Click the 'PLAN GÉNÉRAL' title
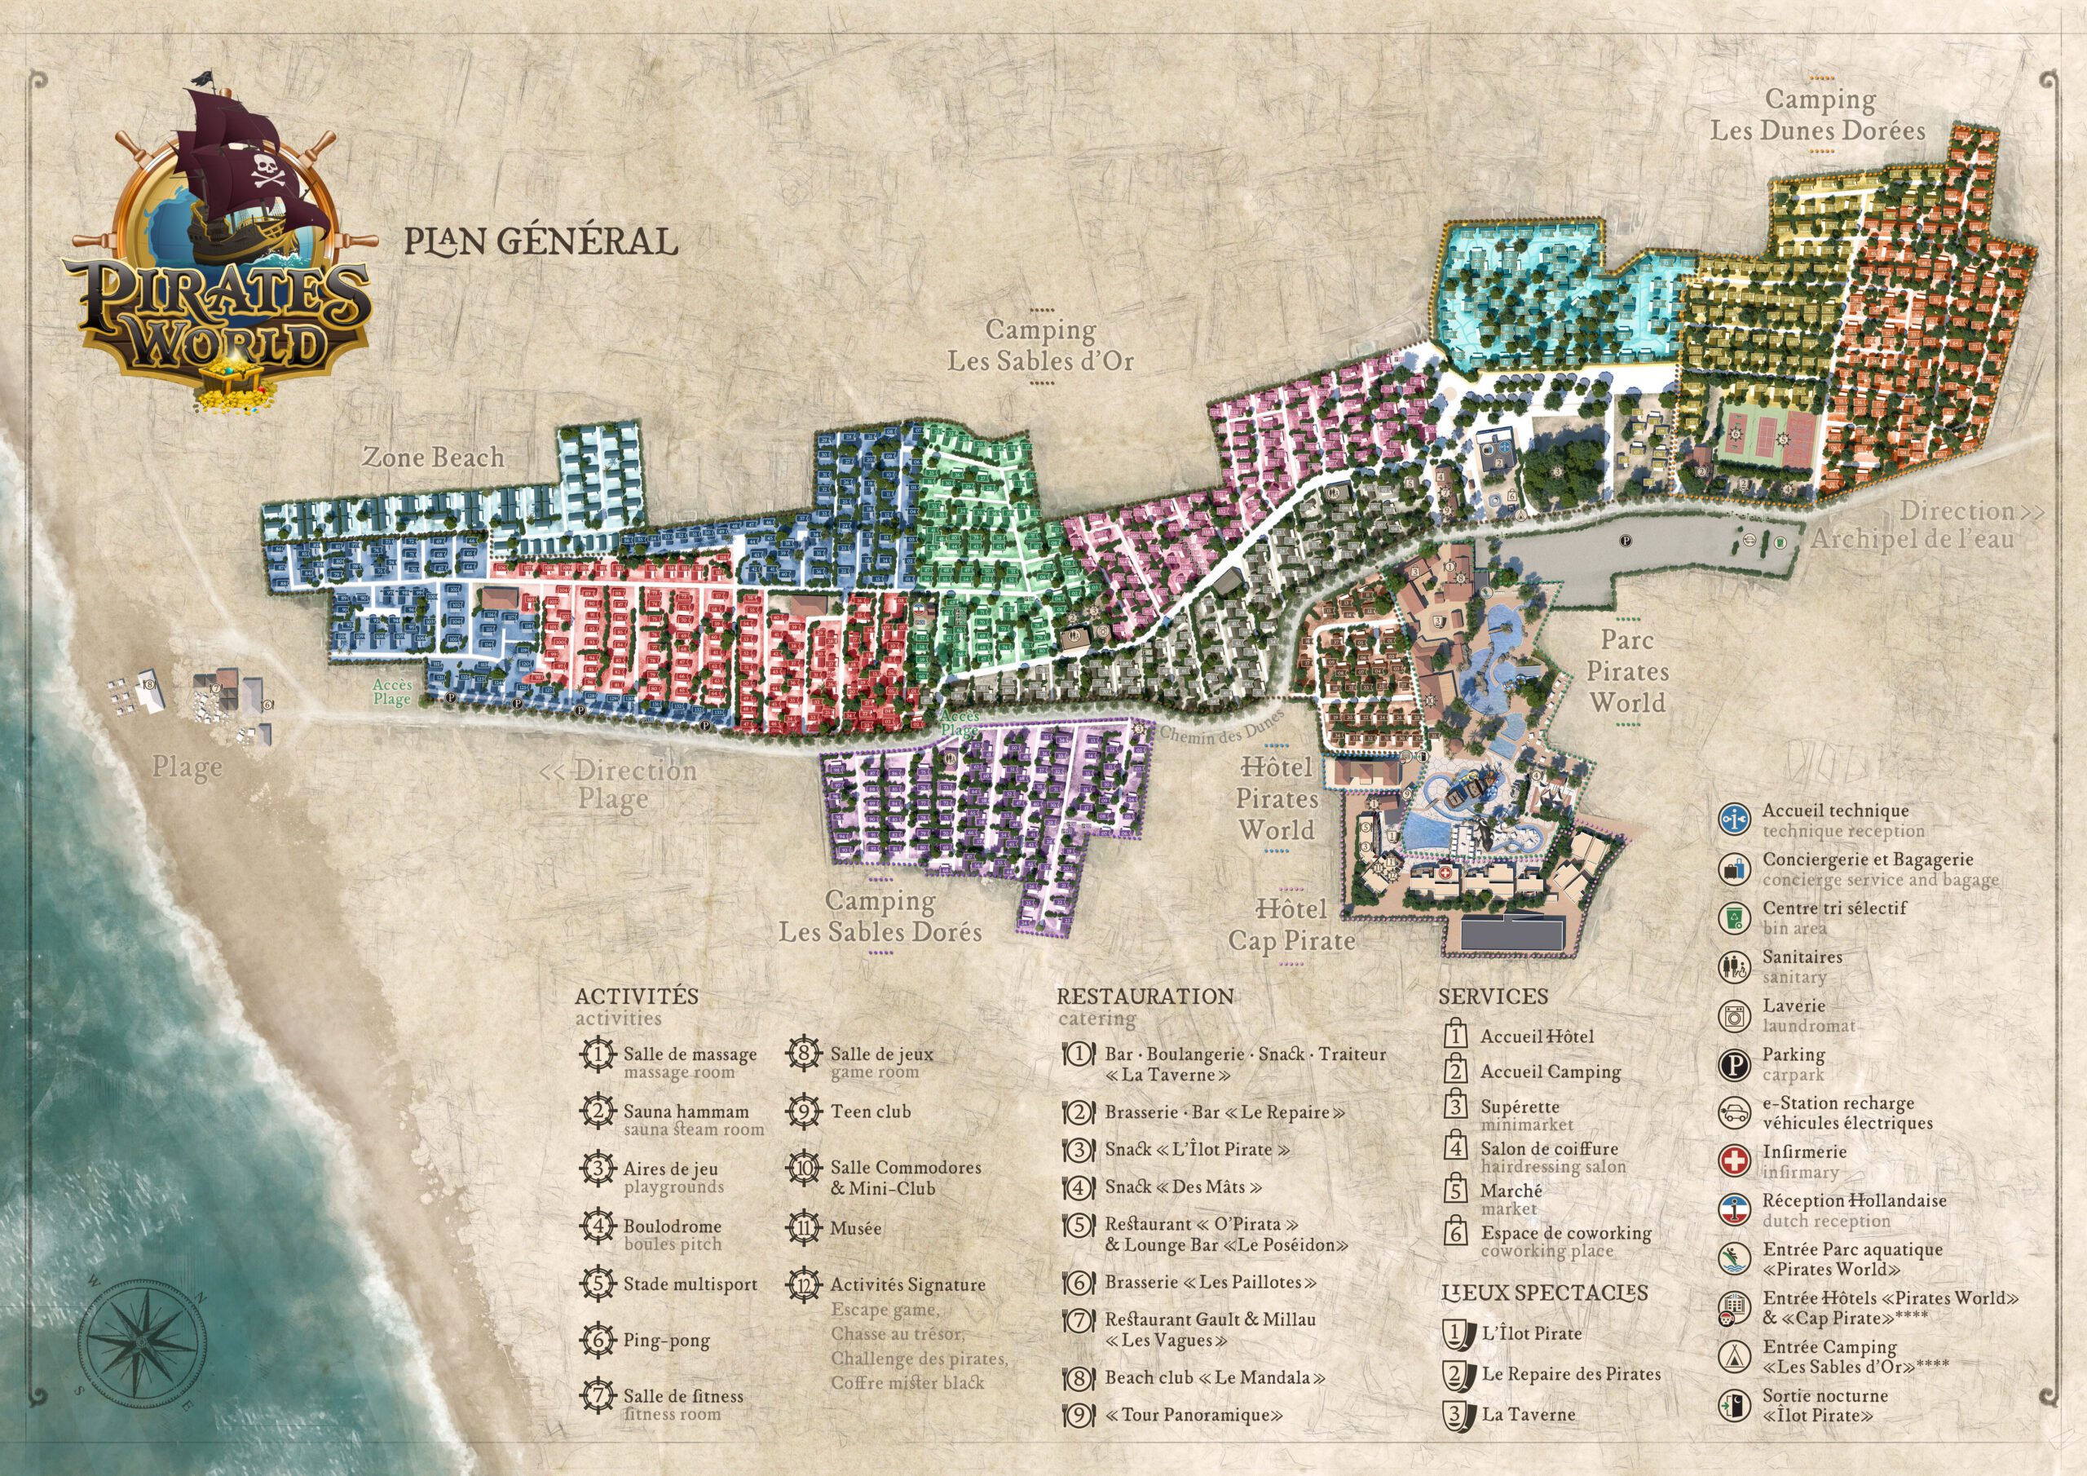(541, 241)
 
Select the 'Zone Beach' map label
(434, 457)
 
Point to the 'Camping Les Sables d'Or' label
(1040, 346)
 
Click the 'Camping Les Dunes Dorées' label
(1818, 115)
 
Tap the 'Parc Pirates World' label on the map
(1627, 671)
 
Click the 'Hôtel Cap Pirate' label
(1291, 925)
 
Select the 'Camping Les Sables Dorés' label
(880, 917)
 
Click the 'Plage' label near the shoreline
(187, 767)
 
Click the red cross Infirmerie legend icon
(1734, 1161)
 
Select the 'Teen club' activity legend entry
(870, 1111)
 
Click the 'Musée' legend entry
(855, 1228)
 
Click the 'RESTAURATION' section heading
(1145, 996)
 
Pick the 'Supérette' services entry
(1520, 1107)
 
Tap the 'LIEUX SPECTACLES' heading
(1544, 1293)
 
